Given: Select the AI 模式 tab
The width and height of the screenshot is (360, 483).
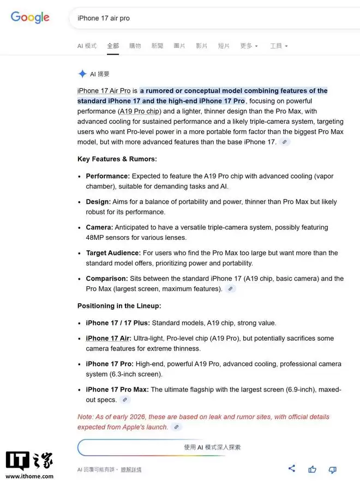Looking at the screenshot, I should click(87, 46).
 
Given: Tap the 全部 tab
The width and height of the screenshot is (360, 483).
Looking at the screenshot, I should click(113, 46).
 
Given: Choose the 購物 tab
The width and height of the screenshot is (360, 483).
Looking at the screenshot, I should click(135, 46).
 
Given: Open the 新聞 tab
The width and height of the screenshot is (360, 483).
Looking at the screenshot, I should click(157, 46).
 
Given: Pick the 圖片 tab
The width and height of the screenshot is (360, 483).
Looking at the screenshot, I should click(179, 46).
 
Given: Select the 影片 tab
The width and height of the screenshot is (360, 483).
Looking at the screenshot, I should click(201, 46).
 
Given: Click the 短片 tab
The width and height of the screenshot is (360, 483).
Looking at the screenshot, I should click(224, 46).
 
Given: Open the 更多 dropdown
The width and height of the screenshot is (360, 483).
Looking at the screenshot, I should click(249, 46).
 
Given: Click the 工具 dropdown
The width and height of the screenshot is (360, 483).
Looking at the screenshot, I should click(278, 46).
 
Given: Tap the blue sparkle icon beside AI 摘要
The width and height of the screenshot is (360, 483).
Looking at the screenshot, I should click(82, 74).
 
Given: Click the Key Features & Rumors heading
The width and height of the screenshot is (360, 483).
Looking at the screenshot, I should click(117, 159).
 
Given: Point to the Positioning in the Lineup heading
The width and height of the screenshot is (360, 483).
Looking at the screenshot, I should click(119, 306).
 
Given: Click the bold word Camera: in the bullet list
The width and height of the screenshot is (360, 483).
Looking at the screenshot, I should click(99, 227).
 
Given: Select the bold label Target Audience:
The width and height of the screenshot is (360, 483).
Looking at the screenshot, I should click(113, 253).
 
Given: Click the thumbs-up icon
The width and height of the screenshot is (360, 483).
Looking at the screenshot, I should click(312, 469).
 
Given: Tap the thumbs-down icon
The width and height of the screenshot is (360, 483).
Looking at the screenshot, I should click(332, 469).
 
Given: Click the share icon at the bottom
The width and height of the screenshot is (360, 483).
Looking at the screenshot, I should click(292, 468).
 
